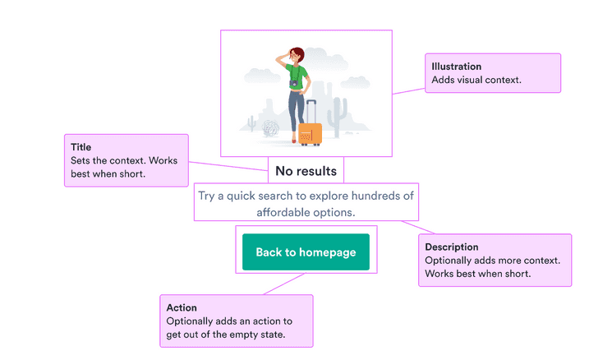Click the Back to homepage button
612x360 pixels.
click(306, 252)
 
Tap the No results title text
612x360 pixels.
click(306, 171)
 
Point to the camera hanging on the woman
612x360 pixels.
click(293, 83)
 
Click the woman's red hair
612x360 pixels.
click(297, 54)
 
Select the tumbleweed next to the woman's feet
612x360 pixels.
click(270, 127)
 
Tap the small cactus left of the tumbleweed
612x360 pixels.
click(251, 124)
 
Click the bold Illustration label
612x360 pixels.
click(456, 67)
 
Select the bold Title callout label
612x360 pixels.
click(81, 147)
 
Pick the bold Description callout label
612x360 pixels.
click(451, 247)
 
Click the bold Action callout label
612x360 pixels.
click(182, 307)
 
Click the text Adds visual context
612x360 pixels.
click(476, 80)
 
